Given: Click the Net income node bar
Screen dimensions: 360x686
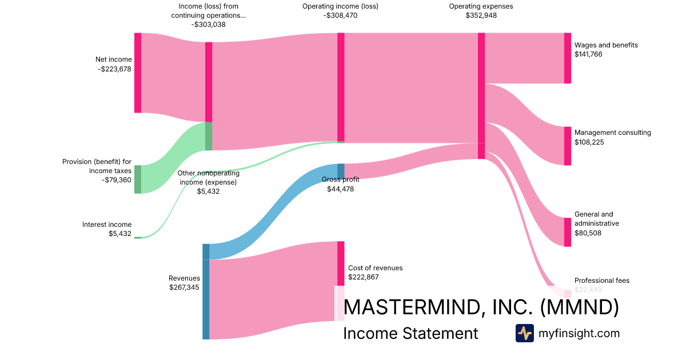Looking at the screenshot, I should click(137, 73).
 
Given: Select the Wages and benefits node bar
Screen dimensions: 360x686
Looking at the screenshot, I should click(567, 58).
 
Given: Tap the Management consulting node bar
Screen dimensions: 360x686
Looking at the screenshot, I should click(567, 146).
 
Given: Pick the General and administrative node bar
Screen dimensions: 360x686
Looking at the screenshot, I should click(567, 232).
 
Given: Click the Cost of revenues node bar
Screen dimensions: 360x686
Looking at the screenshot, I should click(341, 263).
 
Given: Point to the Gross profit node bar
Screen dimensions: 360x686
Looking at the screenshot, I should click(341, 171).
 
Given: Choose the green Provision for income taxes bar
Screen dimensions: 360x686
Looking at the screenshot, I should click(137, 179).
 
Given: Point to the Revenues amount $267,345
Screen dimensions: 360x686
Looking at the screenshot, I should click(184, 287).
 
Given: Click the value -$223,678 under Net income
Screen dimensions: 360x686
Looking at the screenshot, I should click(114, 69).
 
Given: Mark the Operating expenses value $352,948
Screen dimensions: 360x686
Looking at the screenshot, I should click(481, 16).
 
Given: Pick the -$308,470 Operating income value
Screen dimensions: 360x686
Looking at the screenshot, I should click(340, 16).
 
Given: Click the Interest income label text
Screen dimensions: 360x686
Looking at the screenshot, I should click(107, 225).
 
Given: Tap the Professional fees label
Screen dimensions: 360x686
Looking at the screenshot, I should click(601, 281).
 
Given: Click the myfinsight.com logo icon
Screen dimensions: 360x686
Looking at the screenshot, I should click(524, 333).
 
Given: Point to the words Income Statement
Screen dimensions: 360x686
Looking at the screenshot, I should click(410, 333).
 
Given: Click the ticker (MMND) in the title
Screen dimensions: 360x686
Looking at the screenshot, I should click(580, 307).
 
